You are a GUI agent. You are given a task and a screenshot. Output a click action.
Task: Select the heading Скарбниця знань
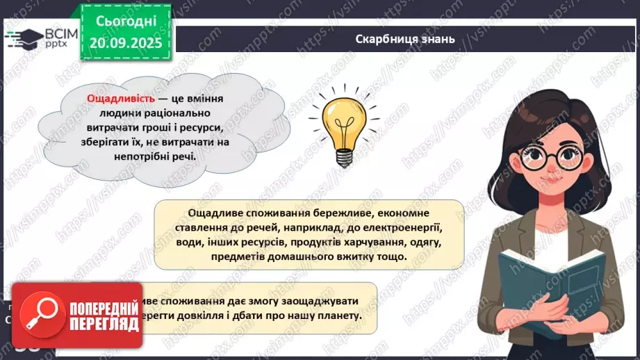[404, 39]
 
